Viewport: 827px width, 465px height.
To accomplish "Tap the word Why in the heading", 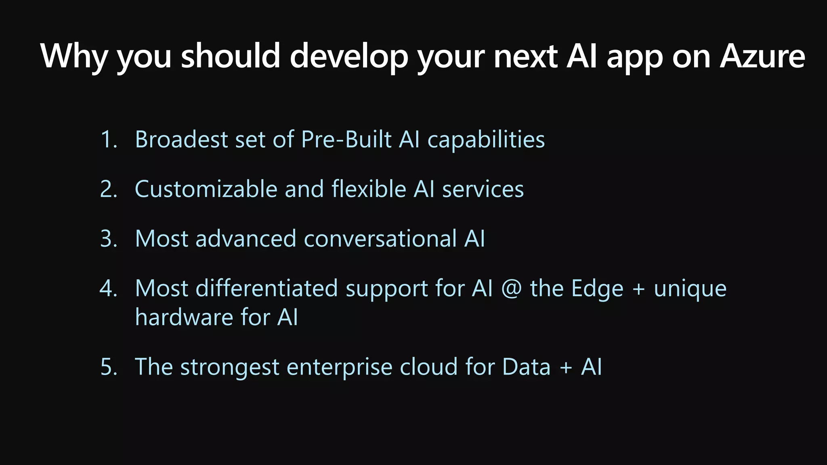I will coord(74,57).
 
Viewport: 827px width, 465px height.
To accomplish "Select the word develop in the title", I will coord(349,57).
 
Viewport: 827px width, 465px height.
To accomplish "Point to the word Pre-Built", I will coord(346,140).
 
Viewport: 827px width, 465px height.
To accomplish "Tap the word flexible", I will coord(369,189).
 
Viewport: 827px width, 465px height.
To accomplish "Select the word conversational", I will coord(380,239).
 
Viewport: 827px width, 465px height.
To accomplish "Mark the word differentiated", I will coord(267,289).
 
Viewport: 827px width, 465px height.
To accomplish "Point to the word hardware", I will coord(183,317).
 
